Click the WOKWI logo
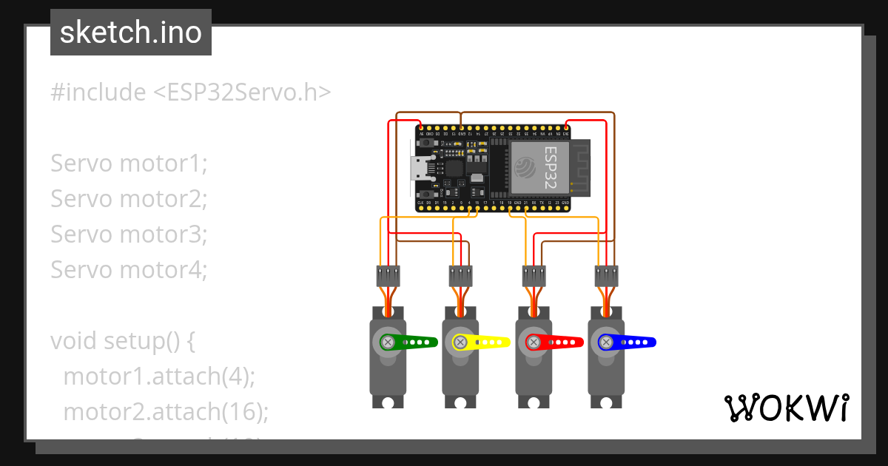click(x=786, y=408)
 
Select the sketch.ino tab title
click(x=131, y=33)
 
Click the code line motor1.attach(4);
click(x=159, y=376)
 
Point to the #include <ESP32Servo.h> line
click(x=190, y=92)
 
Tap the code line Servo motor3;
click(x=129, y=234)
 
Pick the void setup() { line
click(x=122, y=341)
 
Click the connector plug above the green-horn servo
click(x=388, y=276)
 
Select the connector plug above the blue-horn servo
click(x=606, y=276)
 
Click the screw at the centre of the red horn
click(x=533, y=342)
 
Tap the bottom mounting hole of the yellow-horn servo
click(x=460, y=402)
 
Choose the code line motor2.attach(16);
click(x=166, y=412)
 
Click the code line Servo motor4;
click(x=129, y=270)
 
